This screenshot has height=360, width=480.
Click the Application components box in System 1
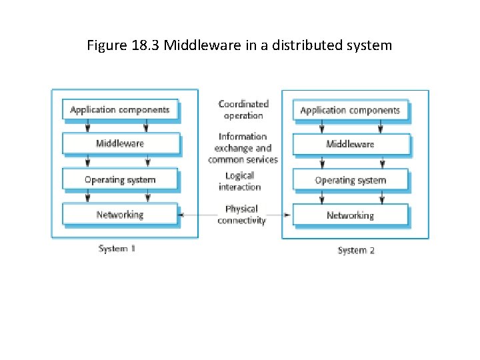tap(120, 109)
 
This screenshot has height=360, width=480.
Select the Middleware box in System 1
tap(120, 143)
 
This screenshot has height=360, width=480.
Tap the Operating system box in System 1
tap(120, 179)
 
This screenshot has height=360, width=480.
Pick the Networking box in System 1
tap(120, 214)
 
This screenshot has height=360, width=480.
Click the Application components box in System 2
tap(350, 110)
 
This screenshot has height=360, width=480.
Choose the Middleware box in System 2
tap(350, 144)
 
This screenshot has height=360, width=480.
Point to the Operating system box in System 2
tap(350, 180)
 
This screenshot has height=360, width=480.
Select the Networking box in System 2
tap(350, 215)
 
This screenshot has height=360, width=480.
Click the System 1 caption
tap(117, 249)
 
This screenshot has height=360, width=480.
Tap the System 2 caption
tap(356, 251)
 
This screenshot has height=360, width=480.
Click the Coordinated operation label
tap(243, 109)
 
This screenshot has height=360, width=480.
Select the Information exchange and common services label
tap(243, 148)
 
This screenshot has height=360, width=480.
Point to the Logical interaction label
tap(239, 181)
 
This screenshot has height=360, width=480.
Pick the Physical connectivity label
tap(241, 215)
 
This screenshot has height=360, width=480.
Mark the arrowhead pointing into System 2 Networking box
tap(289, 215)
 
